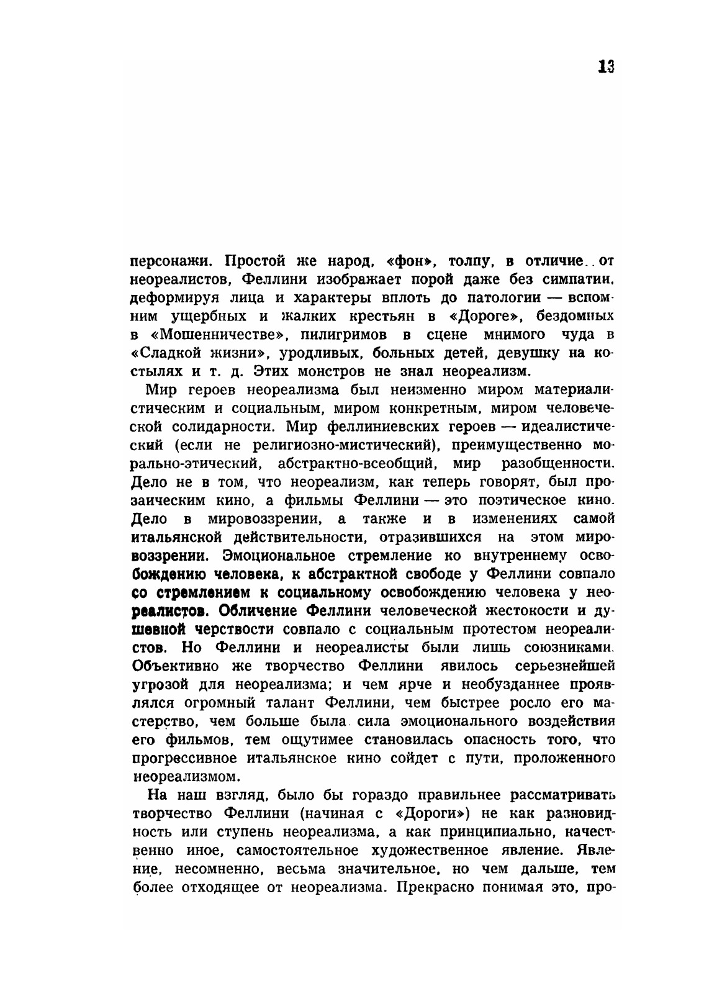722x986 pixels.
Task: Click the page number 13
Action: click(x=605, y=67)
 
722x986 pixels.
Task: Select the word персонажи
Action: click(x=172, y=261)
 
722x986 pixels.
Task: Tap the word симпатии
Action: click(x=581, y=279)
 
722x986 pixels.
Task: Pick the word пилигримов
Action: click(x=342, y=335)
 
